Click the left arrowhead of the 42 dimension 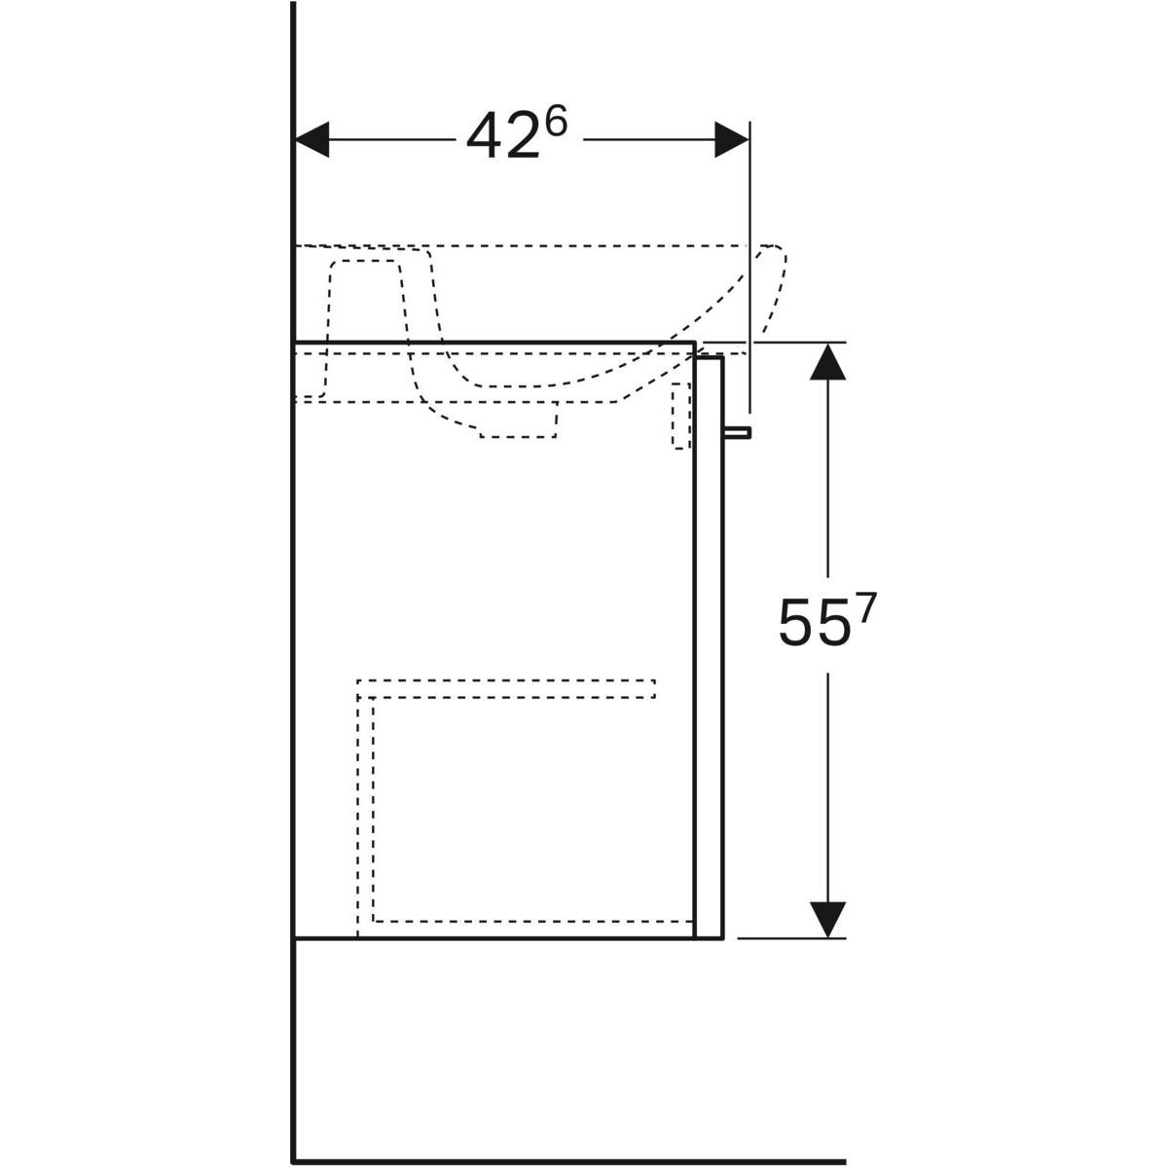click(311, 139)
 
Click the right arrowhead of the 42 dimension click(732, 139)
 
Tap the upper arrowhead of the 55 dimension click(827, 361)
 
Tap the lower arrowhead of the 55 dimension click(827, 920)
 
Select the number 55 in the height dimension click(812, 622)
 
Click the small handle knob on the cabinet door click(737, 432)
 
